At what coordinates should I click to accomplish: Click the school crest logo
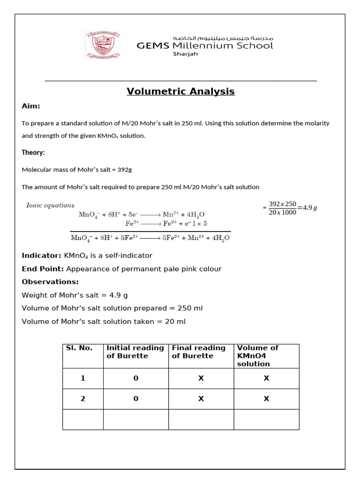[x=102, y=45]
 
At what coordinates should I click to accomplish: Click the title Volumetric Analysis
[x=180, y=91]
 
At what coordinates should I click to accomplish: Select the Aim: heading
[x=31, y=106]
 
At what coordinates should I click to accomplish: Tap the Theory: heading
[x=33, y=152]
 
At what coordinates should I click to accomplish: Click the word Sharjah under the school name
[x=186, y=54]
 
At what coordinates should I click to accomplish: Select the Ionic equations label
[x=50, y=205]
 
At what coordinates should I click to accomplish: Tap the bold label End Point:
[x=43, y=269]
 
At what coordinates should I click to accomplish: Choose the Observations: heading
[x=50, y=282]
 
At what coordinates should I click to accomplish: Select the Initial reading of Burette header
[x=135, y=352]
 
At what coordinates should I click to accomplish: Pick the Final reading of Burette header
[x=199, y=352]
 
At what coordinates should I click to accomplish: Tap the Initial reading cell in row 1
[x=135, y=378]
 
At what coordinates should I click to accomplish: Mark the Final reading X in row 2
[x=201, y=399]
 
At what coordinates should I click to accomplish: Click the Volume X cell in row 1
[x=266, y=378]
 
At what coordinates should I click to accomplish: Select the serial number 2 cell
[x=83, y=399]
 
